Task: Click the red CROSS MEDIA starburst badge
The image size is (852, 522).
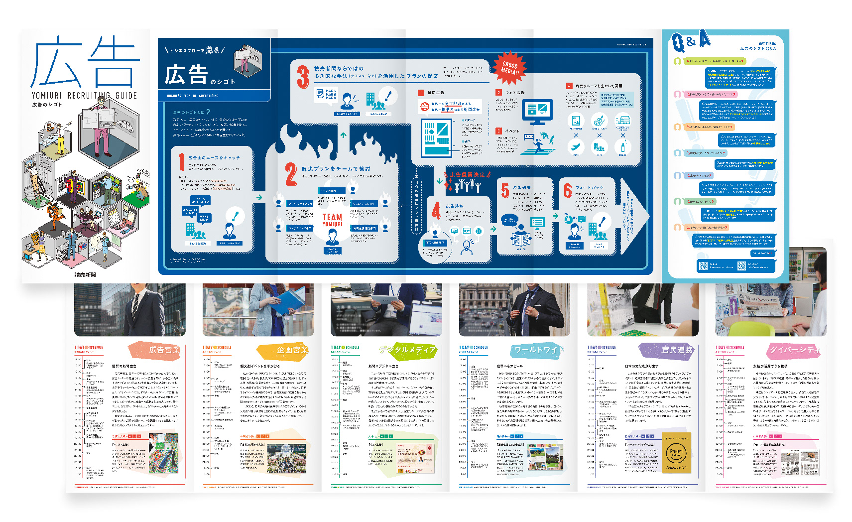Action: point(509,68)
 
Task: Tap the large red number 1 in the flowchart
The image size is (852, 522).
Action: point(181,162)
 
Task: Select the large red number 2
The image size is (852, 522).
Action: point(291,174)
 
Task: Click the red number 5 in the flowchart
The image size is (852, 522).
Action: point(505,190)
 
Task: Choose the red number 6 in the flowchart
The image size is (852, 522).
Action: point(567,190)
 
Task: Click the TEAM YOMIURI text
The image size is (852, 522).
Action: point(332,220)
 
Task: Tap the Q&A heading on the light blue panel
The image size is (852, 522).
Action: point(691,42)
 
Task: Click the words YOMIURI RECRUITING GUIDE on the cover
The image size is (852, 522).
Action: point(84,96)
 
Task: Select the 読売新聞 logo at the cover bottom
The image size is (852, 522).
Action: point(85,274)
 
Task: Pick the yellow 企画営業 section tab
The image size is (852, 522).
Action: point(291,350)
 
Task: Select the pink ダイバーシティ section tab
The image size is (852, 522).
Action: point(795,350)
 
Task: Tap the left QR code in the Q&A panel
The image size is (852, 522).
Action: point(703,266)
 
